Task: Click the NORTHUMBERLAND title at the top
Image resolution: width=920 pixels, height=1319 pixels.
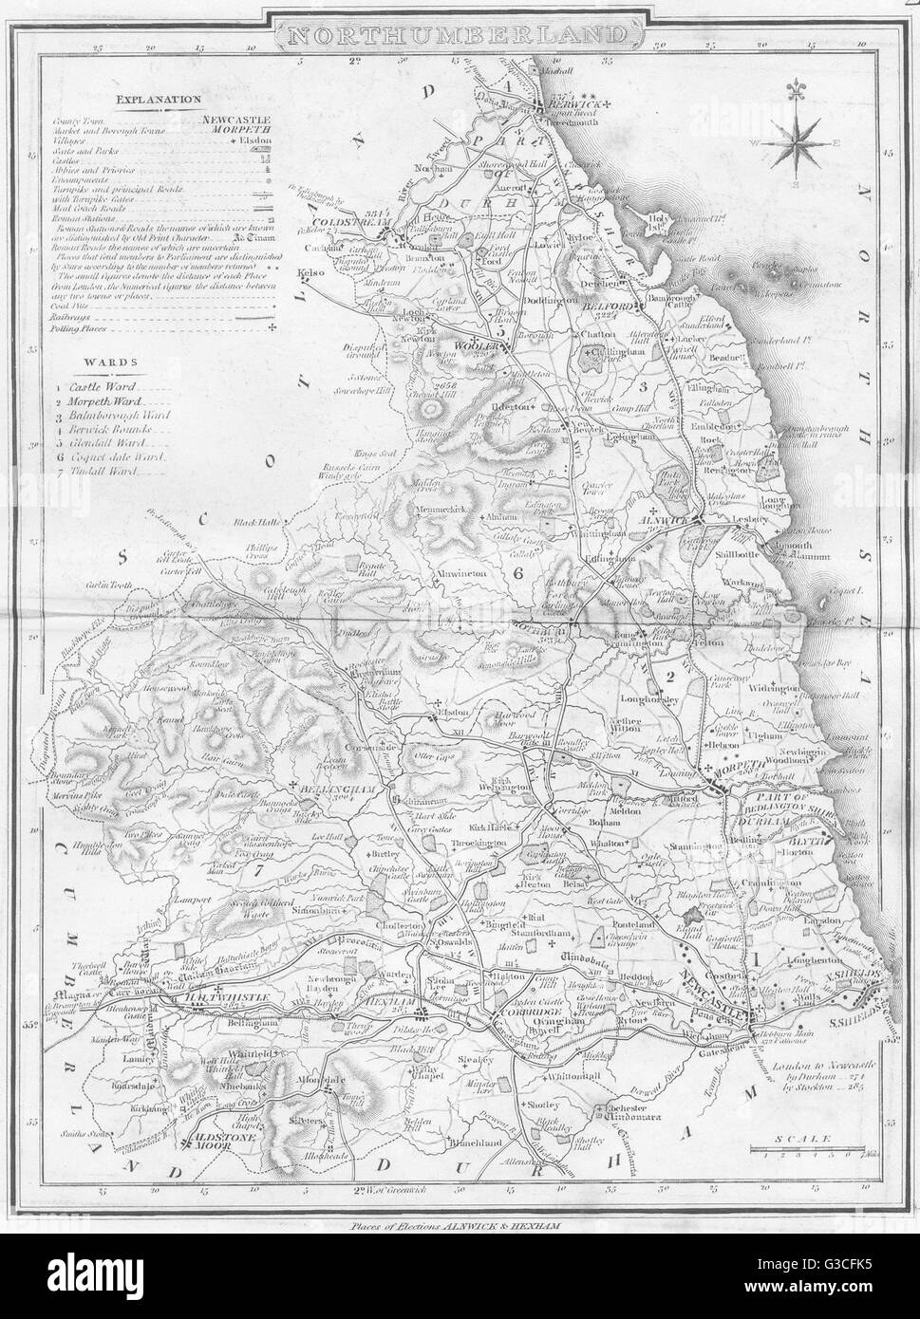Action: click(460, 35)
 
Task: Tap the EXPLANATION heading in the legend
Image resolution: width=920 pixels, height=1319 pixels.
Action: click(157, 97)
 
